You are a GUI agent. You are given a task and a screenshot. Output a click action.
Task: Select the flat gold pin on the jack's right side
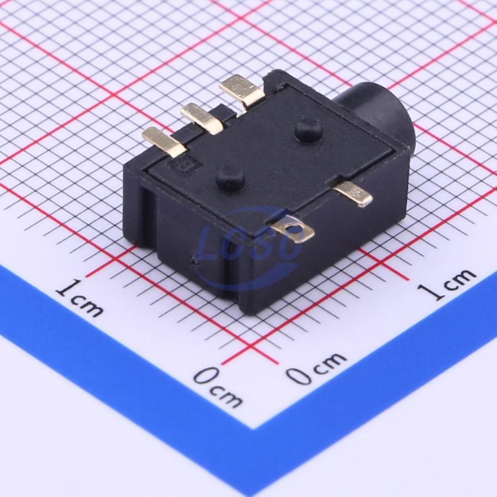[353, 194]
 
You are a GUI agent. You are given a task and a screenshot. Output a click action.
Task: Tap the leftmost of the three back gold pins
[164, 141]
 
